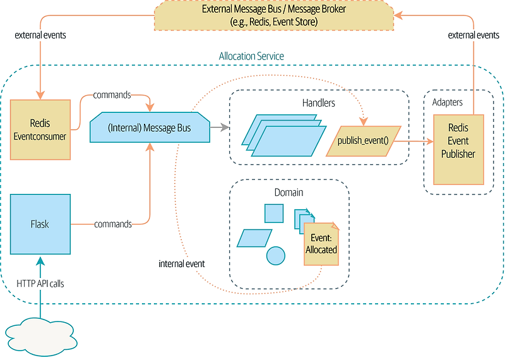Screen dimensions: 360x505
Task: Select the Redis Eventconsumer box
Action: pyautogui.click(x=40, y=129)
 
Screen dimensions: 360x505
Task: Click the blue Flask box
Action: pyautogui.click(x=40, y=224)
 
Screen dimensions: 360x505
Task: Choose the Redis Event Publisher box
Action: pyautogui.click(x=458, y=149)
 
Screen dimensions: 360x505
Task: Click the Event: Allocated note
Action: pyautogui.click(x=321, y=242)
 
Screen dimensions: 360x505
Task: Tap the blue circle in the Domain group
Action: pyautogui.click(x=275, y=256)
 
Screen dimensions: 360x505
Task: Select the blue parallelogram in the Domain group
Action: pyautogui.click(x=254, y=237)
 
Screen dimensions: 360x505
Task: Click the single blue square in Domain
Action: pyautogui.click(x=274, y=213)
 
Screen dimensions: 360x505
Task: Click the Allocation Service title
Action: pyautogui.click(x=251, y=56)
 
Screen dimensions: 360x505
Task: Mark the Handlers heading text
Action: pyautogui.click(x=318, y=102)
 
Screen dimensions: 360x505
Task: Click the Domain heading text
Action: pyautogui.click(x=288, y=192)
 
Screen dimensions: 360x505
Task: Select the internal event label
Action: pyautogui.click(x=182, y=263)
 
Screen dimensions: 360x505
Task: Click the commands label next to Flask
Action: pyautogui.click(x=112, y=224)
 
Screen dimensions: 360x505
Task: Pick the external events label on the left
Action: pyautogui.click(x=40, y=35)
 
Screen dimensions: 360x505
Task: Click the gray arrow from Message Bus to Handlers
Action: pyautogui.click(x=219, y=128)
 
